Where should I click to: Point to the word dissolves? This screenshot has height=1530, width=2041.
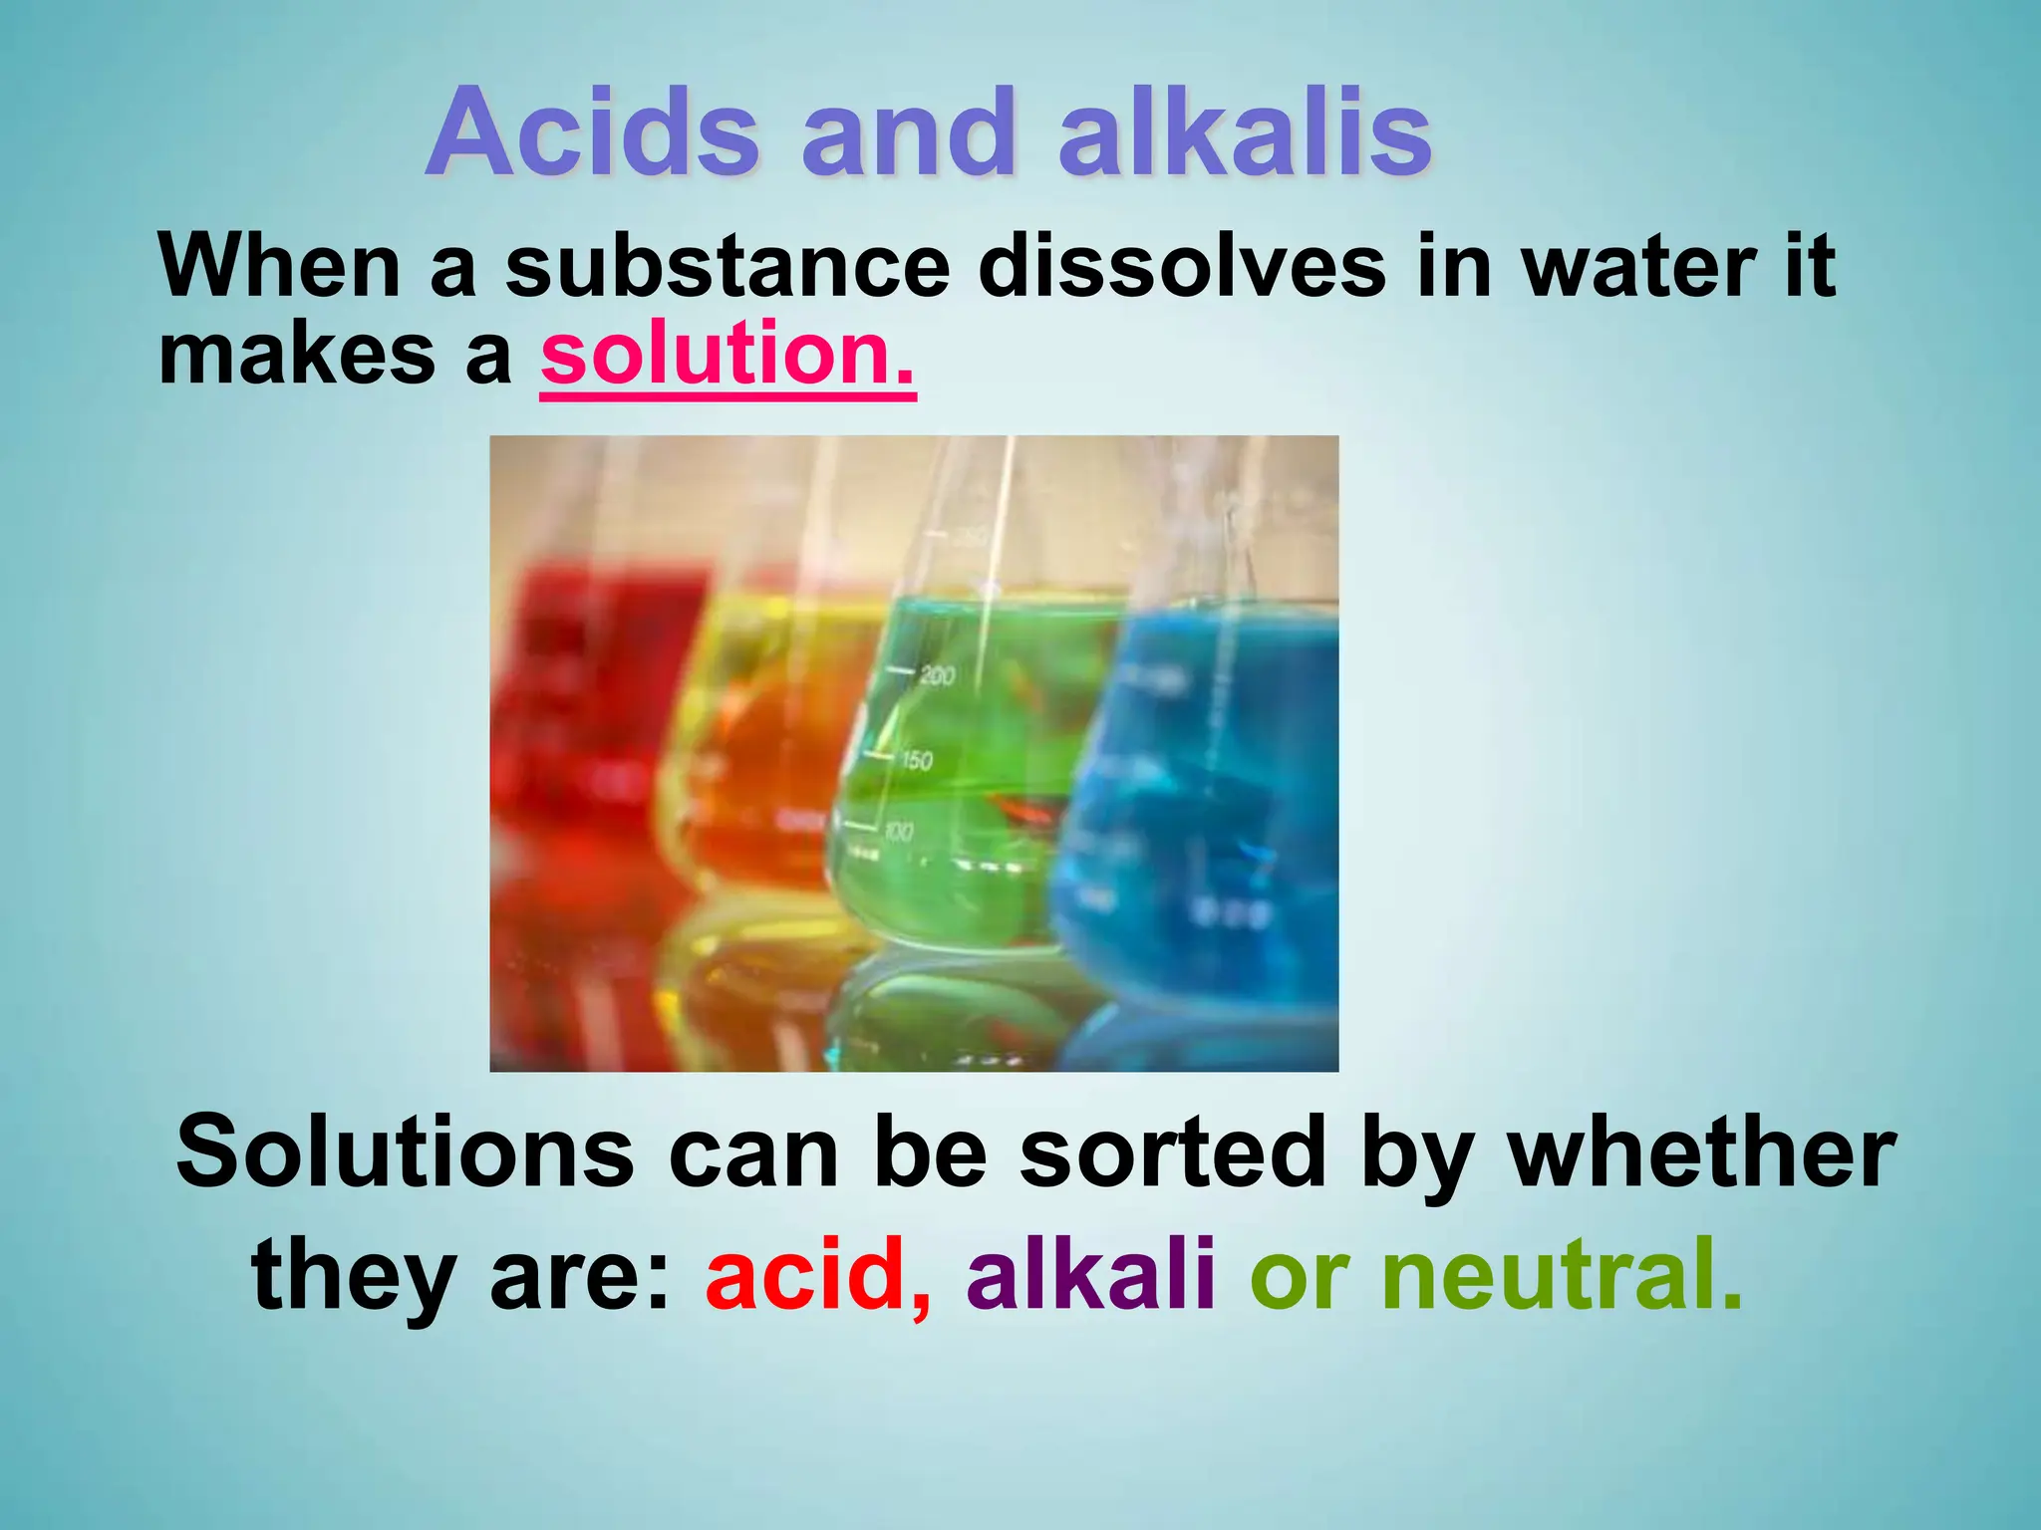coord(1182,267)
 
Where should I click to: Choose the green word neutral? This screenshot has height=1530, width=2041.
coord(1561,1274)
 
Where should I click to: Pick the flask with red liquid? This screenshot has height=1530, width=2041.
coord(578,717)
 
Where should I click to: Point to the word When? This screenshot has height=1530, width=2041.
coord(280,267)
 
